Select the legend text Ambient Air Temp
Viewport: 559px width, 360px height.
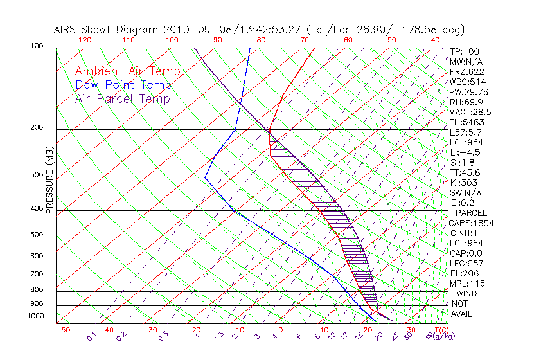pyautogui.click(x=127, y=72)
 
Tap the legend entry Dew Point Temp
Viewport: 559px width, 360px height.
pyautogui.click(x=123, y=85)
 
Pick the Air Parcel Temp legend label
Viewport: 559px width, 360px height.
pyautogui.click(x=122, y=99)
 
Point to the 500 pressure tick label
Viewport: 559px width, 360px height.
pyautogui.click(x=39, y=236)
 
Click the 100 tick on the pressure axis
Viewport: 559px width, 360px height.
pyautogui.click(x=39, y=47)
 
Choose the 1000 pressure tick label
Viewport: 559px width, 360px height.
pyautogui.click(x=37, y=317)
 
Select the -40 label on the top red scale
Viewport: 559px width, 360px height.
pyautogui.click(x=432, y=40)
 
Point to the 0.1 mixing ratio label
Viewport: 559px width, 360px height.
pyautogui.click(x=91, y=336)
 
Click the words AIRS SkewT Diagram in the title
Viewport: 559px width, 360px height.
pyautogui.click(x=107, y=30)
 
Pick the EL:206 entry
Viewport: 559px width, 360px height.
pyautogui.click(x=465, y=273)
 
